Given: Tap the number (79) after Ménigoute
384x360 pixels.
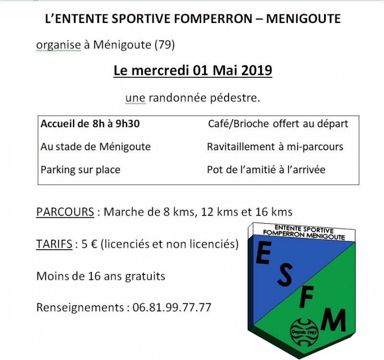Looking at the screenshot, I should (165, 45).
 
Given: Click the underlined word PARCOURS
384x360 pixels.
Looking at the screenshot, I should (65, 212).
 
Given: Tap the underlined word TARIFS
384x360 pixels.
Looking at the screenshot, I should (53, 244).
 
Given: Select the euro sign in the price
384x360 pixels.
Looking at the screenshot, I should (93, 244).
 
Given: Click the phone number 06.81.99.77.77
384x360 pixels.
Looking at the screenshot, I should (172, 308).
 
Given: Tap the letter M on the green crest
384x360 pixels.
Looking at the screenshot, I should (333, 320).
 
